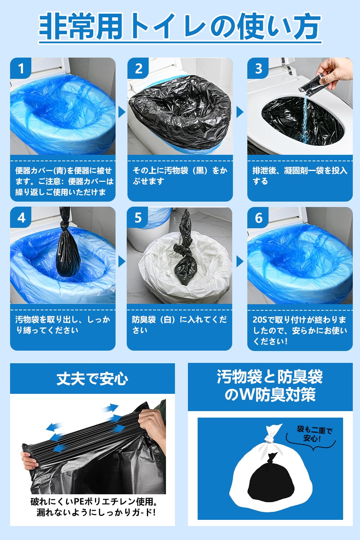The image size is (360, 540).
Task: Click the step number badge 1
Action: (21, 68)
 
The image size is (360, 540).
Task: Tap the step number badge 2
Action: (139, 68)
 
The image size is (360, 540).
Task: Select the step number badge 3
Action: (258, 68)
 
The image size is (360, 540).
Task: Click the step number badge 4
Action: (21, 218)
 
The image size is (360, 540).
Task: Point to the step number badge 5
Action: (138, 218)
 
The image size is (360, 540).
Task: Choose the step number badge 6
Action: (258, 218)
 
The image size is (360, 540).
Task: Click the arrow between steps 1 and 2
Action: (122, 112)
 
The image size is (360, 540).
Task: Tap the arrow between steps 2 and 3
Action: (240, 112)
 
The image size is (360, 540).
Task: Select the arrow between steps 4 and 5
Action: (122, 262)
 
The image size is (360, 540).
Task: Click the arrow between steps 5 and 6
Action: (240, 262)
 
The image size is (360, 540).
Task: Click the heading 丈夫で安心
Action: (92, 379)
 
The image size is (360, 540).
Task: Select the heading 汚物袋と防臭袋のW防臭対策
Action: (270, 386)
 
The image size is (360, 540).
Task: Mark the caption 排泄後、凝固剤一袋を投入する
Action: (300, 176)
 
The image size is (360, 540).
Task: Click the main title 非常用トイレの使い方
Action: (180, 27)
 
